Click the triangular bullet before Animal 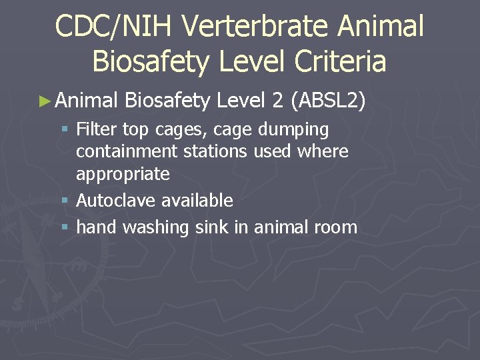coord(45,101)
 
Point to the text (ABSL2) coord(329,101)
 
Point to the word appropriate coord(123,175)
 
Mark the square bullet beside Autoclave coord(64,201)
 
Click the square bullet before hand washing coord(64,227)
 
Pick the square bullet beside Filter coord(64,129)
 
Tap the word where coord(323,151)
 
